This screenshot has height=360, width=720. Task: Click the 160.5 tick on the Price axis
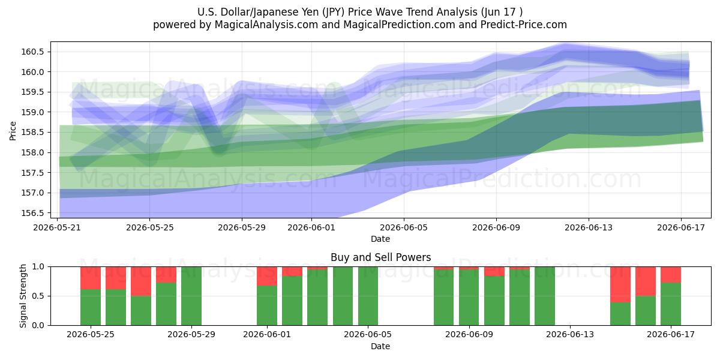[32, 52]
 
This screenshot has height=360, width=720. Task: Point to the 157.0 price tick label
[32, 193]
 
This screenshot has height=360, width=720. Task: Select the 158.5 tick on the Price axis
[32, 133]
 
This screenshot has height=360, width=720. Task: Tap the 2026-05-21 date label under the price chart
[57, 227]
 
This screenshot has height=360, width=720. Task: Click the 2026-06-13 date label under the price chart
[589, 227]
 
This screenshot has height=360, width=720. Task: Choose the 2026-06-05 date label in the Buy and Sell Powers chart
[368, 334]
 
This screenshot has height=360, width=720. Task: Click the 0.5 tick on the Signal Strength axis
[38, 296]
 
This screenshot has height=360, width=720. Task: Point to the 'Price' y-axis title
[13, 131]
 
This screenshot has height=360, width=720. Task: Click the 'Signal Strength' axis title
[23, 296]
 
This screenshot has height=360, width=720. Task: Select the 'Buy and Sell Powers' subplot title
[380, 257]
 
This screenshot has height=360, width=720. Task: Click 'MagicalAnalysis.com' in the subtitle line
[266, 25]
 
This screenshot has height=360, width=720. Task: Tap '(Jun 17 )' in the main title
[502, 12]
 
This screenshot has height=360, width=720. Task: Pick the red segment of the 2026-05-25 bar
[91, 278]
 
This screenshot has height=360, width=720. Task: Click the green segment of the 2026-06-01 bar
[267, 305]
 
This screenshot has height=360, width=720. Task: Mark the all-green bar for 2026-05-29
[191, 296]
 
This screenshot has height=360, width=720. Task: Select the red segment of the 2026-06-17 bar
[671, 275]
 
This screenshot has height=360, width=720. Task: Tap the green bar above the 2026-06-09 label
[469, 298]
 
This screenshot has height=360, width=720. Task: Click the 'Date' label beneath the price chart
[380, 239]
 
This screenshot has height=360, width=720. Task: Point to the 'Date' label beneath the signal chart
[380, 346]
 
